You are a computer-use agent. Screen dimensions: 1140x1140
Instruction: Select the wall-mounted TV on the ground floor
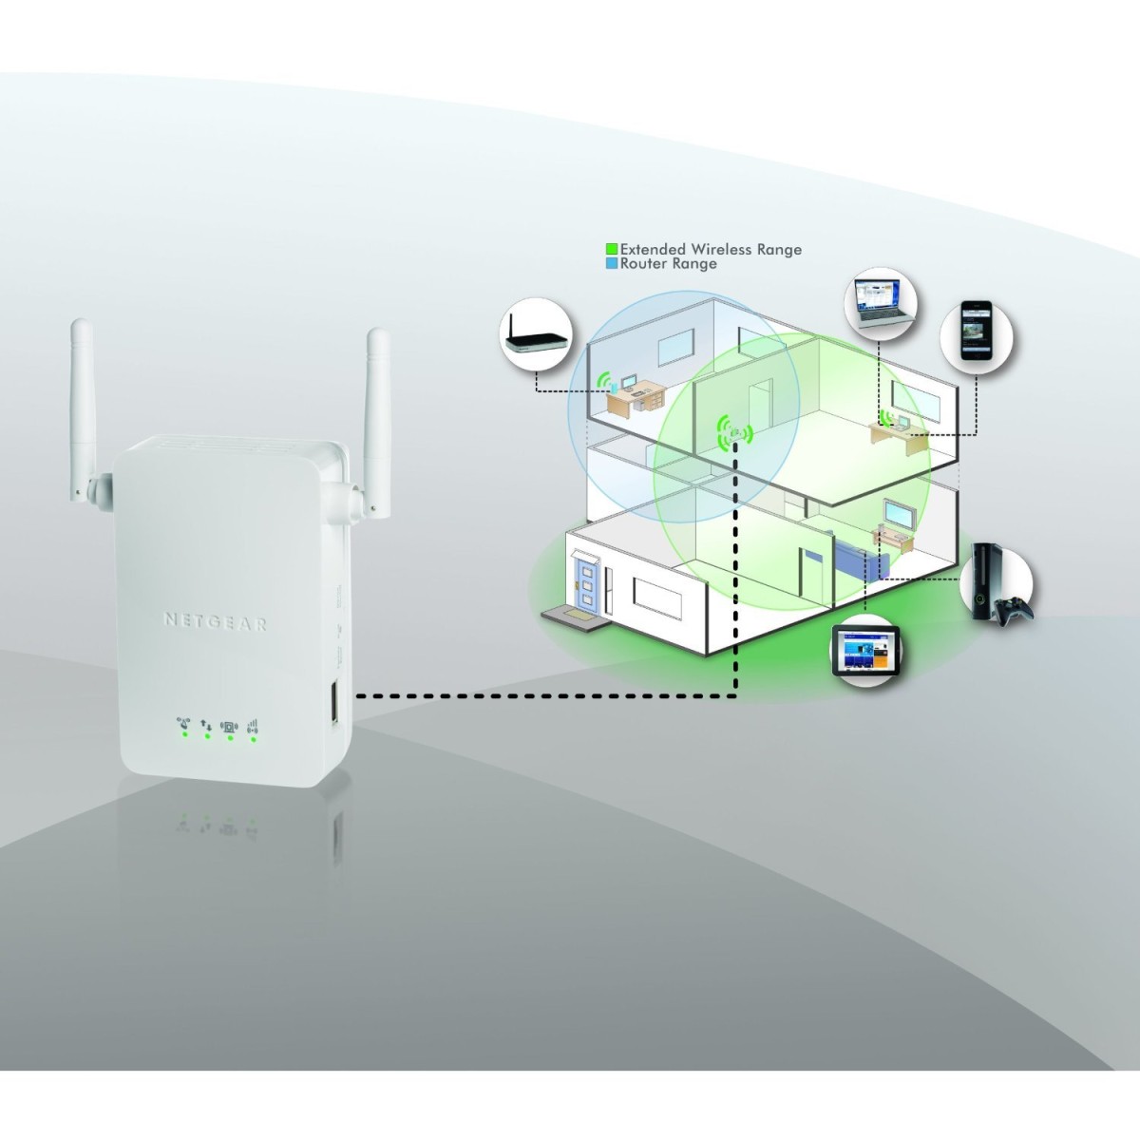[899, 514]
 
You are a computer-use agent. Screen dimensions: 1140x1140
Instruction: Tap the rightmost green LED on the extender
[253, 736]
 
